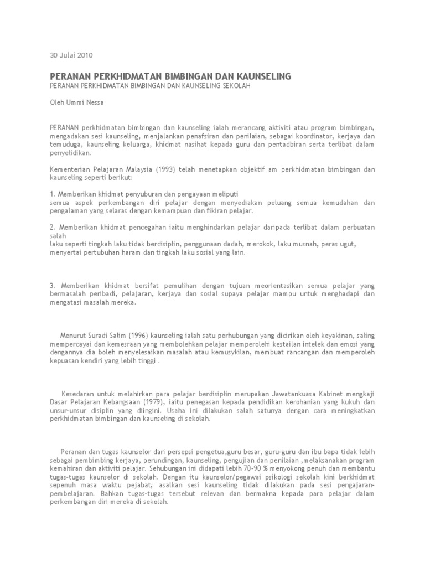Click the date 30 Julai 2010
[71, 55]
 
